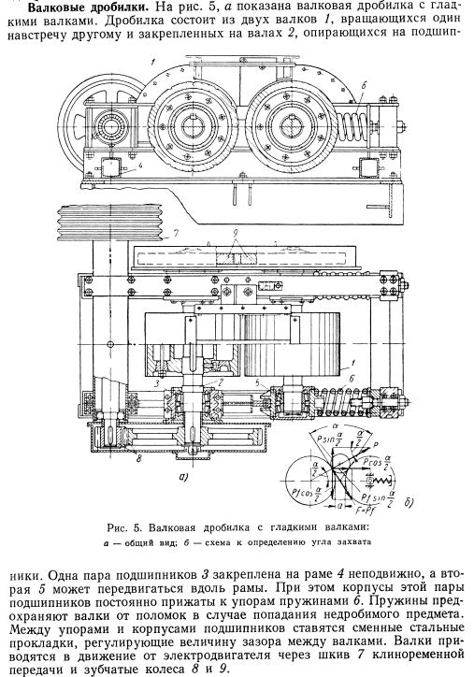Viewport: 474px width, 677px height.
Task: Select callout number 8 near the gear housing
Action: [139, 459]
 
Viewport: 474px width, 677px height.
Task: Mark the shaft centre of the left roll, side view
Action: [193, 126]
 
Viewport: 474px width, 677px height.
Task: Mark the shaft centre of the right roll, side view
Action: [290, 126]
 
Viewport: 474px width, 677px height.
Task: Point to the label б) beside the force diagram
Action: [409, 502]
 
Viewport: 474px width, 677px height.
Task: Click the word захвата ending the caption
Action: [355, 541]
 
